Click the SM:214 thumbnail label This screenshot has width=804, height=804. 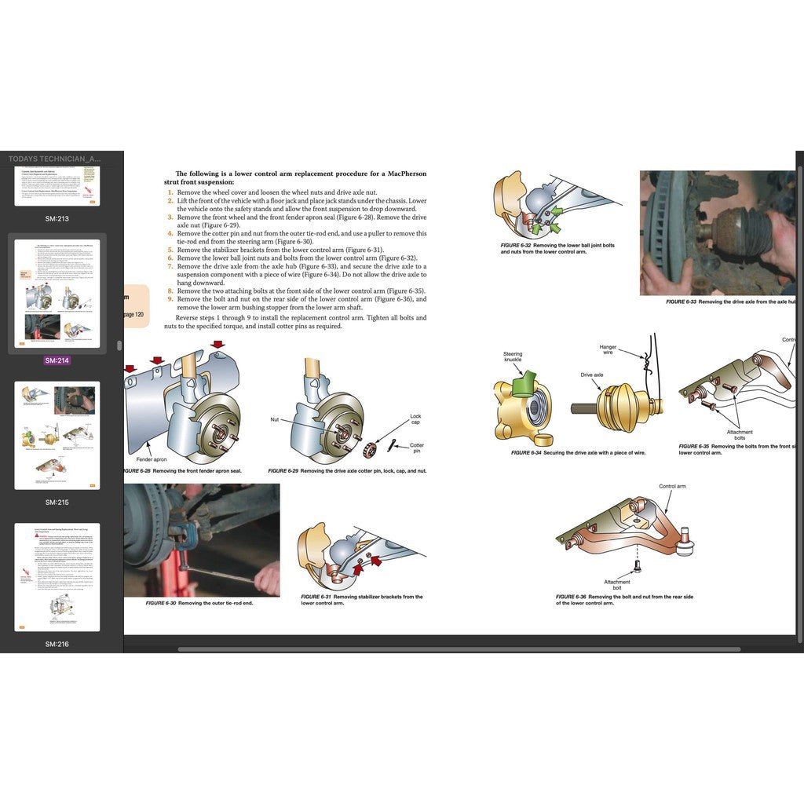click(57, 360)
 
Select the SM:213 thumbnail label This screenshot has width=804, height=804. click(57, 218)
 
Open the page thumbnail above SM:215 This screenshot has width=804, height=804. click(57, 435)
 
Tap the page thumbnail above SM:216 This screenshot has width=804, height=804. click(57, 576)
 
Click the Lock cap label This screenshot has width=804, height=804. click(415, 420)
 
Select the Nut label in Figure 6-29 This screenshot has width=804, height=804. click(275, 419)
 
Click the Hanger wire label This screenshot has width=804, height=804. click(608, 349)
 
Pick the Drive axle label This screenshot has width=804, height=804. click(592, 375)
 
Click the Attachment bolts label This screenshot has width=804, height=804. click(740, 435)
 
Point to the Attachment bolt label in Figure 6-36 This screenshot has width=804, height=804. click(617, 585)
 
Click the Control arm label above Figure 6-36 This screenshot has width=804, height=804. click(672, 486)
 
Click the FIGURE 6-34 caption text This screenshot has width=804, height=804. click(578, 453)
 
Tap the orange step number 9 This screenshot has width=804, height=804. click(170, 299)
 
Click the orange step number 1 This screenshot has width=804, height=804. click(170, 192)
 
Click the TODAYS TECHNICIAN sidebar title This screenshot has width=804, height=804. click(55, 159)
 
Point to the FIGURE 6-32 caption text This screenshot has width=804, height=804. click(557, 248)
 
